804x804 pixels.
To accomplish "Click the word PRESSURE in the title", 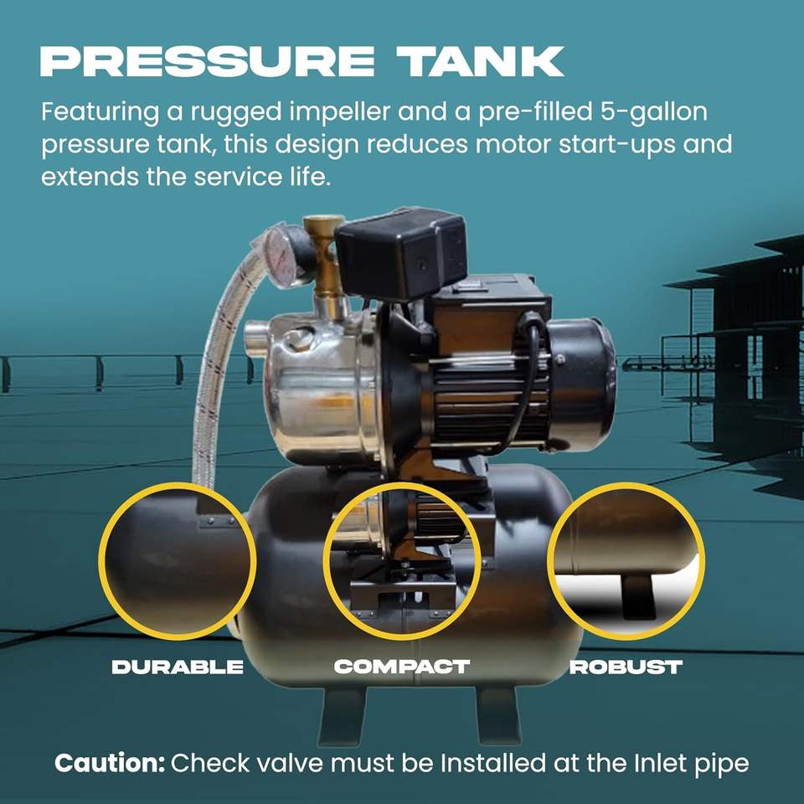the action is point(207,61).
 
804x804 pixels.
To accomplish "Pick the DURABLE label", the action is point(178,667).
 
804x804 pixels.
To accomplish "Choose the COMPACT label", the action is point(402,667).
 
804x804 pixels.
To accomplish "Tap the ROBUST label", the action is point(626,667).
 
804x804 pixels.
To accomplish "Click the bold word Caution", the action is point(110,763).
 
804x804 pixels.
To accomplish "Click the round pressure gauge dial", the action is point(280,253).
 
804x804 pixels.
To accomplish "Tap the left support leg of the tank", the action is point(341,715).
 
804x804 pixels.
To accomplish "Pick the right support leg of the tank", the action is point(497,714).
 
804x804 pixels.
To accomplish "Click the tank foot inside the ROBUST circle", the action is point(639,595).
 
